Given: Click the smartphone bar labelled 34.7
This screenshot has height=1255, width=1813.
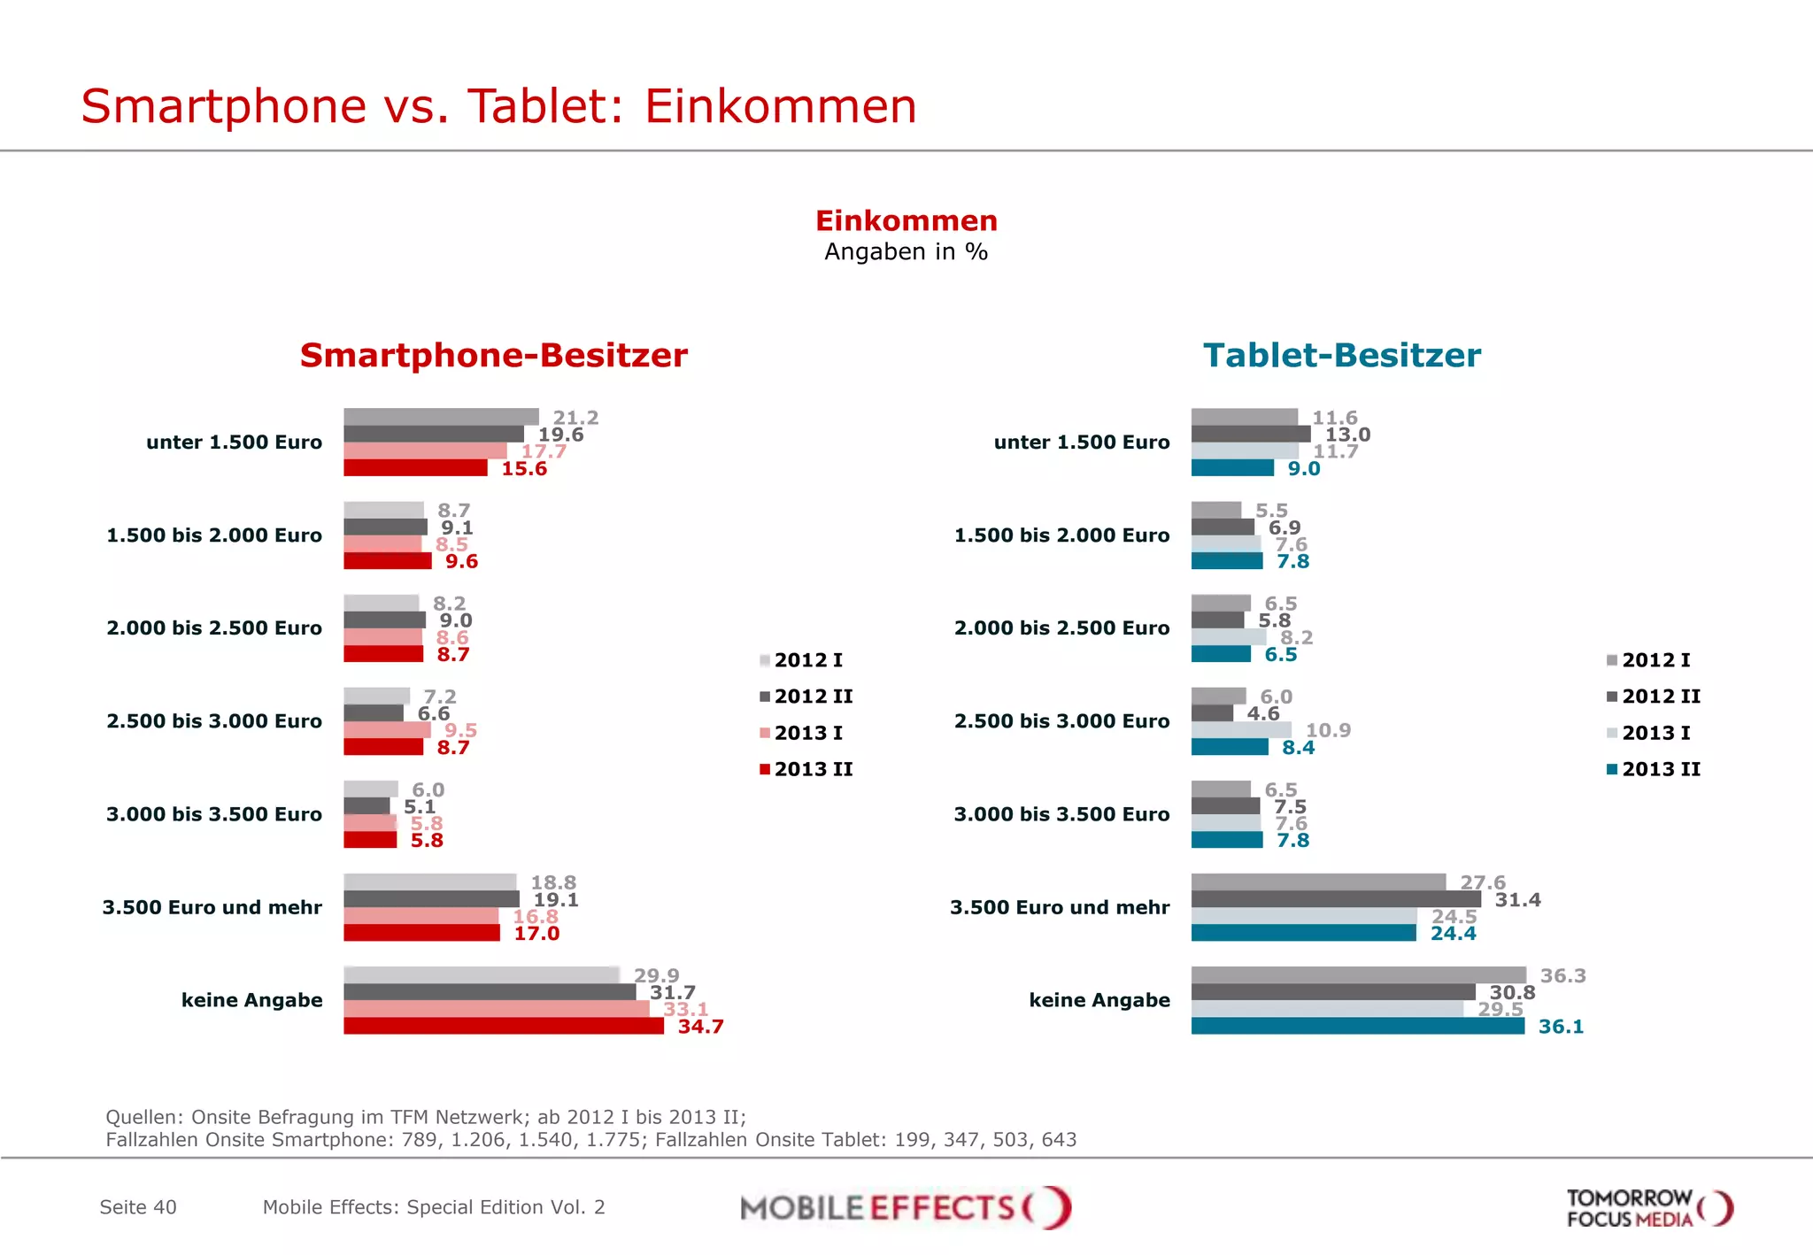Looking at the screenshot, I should click(503, 1027).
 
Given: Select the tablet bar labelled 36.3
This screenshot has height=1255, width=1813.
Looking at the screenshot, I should click(1358, 975).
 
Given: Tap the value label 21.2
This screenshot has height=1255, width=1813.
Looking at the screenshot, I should click(575, 418).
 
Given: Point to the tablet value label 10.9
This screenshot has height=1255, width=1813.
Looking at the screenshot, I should click(1328, 731).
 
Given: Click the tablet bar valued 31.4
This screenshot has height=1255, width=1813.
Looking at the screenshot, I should click(1335, 900).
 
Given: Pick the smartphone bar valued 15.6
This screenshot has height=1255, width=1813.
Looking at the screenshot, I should click(415, 468).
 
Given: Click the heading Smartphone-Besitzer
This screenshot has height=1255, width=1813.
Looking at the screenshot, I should click(493, 356).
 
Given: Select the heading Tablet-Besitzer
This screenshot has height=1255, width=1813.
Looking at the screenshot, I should click(1341, 356).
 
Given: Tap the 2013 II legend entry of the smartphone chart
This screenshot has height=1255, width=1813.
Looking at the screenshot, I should click(806, 769).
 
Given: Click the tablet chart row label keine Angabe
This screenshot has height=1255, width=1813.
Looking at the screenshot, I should click(1099, 1000).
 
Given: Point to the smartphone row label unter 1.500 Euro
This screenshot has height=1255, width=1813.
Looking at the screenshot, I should click(234, 443).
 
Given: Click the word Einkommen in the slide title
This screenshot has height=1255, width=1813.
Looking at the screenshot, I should click(780, 107).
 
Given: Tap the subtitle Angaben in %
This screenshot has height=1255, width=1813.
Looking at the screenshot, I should click(906, 252).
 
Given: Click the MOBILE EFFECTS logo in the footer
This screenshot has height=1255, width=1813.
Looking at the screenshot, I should click(905, 1207).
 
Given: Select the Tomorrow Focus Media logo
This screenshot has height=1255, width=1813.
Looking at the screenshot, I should click(1648, 1208).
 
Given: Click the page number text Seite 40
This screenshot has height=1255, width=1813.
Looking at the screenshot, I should click(138, 1207).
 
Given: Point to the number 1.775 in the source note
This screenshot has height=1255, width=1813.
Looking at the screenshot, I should click(612, 1140).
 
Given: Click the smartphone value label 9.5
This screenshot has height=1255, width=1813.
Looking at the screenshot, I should click(460, 731).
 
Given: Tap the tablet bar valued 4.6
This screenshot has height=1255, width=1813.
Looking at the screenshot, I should click(1212, 713).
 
